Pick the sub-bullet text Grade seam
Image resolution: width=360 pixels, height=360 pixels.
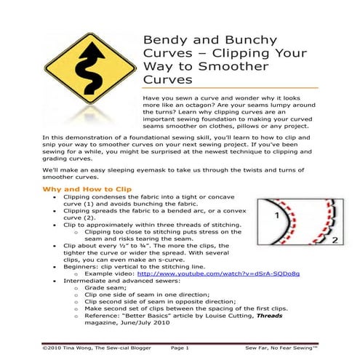pos(104,293)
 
